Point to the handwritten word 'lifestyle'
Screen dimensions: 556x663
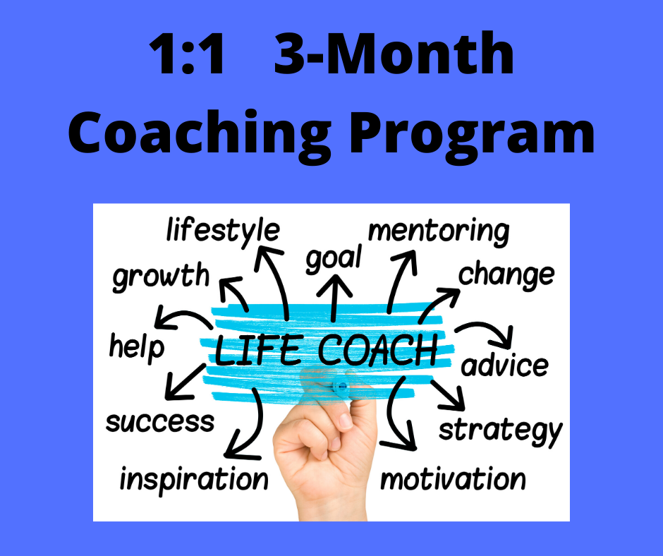(222, 231)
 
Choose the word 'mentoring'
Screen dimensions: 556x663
(438, 231)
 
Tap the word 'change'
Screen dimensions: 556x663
(506, 274)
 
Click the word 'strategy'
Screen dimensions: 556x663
(500, 429)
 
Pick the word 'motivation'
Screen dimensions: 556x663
(453, 479)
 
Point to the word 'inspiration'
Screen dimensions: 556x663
(194, 479)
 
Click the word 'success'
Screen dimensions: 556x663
(159, 422)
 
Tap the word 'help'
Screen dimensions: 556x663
(137, 346)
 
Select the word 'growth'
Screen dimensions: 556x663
(161, 276)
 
